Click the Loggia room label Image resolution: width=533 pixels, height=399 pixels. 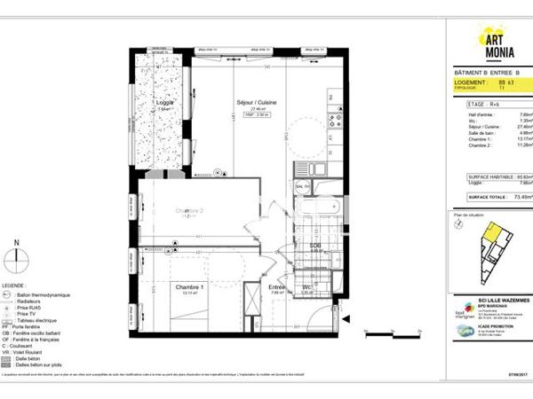[x=163, y=104]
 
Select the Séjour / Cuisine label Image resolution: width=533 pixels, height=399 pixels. [x=254, y=103]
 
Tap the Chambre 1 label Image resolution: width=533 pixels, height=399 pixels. [x=189, y=286]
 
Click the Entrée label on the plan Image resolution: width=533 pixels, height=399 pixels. [x=277, y=286]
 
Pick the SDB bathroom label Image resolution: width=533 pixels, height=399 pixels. [x=314, y=246]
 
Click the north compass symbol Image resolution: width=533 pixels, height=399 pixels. [x=16, y=259]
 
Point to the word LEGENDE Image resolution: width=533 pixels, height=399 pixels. [x=13, y=285]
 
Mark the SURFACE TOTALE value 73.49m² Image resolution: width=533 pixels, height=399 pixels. [x=511, y=197]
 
